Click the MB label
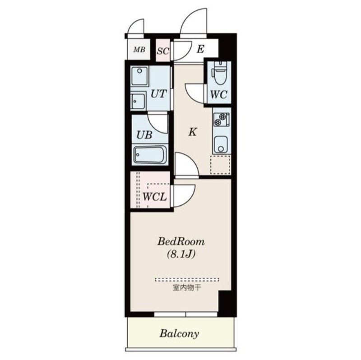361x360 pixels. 139,50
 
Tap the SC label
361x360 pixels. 163,51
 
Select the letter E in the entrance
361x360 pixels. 200,49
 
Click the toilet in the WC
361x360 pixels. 219,73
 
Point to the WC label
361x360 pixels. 219,95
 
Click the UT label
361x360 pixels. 158,94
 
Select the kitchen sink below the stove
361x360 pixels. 221,144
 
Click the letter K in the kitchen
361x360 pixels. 193,132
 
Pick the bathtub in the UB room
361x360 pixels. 150,155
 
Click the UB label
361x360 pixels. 144,135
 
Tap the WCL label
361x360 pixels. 155,197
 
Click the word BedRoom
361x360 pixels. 181,242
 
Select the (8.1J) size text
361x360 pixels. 181,254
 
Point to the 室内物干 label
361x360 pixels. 187,288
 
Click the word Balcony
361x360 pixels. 179,333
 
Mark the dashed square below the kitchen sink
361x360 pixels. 220,165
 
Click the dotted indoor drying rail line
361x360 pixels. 187,280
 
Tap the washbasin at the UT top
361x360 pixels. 139,76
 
